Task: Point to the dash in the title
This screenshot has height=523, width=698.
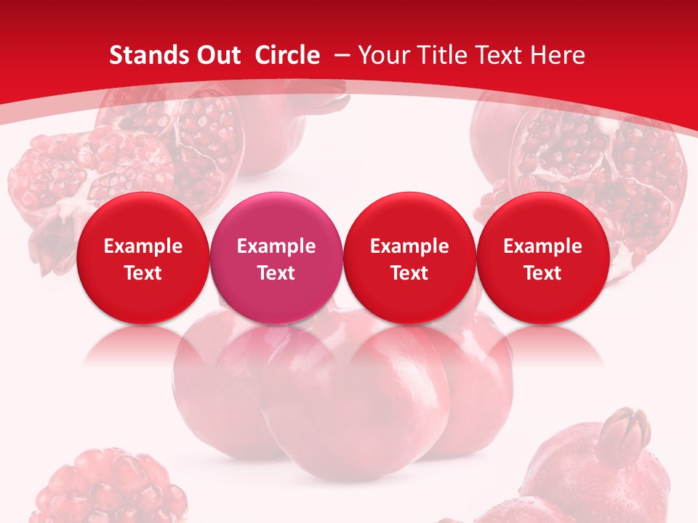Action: click(342, 54)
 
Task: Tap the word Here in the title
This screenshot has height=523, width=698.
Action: click(557, 55)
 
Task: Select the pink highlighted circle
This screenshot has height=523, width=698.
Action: click(276, 258)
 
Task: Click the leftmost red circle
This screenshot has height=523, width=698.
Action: click(143, 258)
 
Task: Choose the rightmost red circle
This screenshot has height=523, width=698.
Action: click(543, 258)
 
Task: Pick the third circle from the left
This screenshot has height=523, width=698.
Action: click(409, 258)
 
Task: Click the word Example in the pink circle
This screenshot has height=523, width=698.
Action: click(276, 246)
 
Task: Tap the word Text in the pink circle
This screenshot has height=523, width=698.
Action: click(276, 273)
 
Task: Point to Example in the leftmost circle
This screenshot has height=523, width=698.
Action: click(143, 246)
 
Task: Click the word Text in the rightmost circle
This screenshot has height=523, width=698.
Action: click(543, 273)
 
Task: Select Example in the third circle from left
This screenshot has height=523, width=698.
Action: click(409, 246)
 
